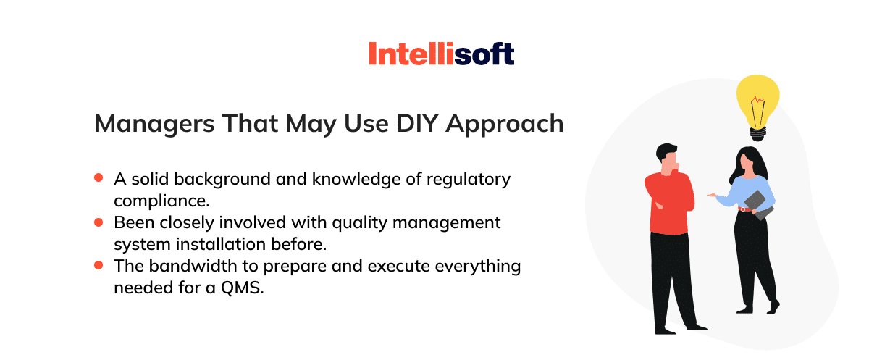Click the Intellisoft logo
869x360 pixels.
[442, 54]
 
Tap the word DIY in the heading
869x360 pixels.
[417, 124]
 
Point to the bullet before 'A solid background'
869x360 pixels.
[98, 177]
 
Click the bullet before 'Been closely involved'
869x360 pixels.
[98, 222]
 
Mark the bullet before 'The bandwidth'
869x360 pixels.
[98, 265]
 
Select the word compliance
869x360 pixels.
[161, 201]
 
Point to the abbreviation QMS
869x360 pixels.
[242, 288]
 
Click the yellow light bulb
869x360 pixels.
[757, 101]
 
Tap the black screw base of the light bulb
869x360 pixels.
[758, 134]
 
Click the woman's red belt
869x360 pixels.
[745, 209]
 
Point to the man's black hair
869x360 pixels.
[666, 152]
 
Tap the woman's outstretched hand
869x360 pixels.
[711, 195]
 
